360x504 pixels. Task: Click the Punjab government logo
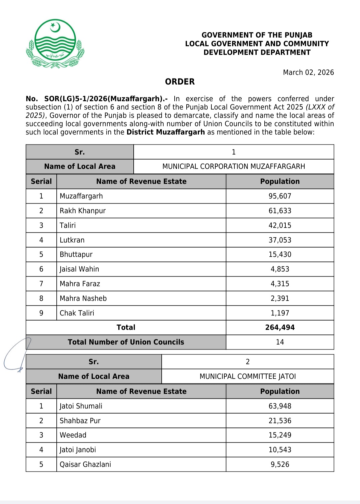pos(55,44)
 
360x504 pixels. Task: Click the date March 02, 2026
pos(308,72)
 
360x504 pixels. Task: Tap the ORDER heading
pos(180,82)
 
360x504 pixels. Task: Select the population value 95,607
pos(280,196)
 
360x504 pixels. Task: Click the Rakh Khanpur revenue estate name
pos(83,211)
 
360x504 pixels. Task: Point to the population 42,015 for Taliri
pos(280,225)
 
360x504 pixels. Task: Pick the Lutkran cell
pos(72,240)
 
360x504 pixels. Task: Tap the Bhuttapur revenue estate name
pos(76,254)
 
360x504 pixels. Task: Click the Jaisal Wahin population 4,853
pos(280,269)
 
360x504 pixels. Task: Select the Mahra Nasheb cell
pos(83,298)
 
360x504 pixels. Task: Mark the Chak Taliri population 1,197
pos(280,313)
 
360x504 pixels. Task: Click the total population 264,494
pos(280,327)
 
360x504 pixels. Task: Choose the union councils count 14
pos(280,342)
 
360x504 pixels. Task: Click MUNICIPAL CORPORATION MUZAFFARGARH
pos(233,166)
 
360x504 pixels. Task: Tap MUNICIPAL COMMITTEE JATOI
pos(247,376)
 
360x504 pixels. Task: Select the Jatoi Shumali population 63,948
pos(280,406)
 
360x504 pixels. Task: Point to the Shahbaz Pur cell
pos(80,421)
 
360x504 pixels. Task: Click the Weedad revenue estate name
pos(73,435)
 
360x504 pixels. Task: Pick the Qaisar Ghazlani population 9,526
pos(280,464)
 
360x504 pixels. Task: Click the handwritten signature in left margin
pos(17,355)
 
